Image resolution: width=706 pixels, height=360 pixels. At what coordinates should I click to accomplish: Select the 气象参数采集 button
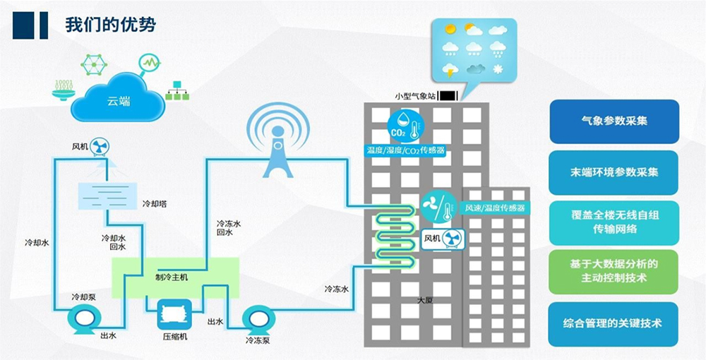tap(614, 121)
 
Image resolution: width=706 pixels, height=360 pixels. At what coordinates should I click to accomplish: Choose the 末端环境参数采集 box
tap(614, 172)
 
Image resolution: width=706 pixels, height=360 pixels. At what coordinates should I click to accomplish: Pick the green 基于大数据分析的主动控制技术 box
tap(614, 271)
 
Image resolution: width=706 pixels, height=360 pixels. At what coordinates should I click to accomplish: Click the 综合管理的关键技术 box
tap(614, 323)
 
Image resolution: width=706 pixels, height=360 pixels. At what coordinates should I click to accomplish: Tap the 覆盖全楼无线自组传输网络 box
tap(614, 222)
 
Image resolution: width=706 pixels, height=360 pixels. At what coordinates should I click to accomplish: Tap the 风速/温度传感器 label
tap(494, 208)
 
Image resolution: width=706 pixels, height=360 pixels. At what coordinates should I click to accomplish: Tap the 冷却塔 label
tap(154, 203)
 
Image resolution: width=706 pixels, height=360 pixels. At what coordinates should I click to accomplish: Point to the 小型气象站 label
tap(416, 95)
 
